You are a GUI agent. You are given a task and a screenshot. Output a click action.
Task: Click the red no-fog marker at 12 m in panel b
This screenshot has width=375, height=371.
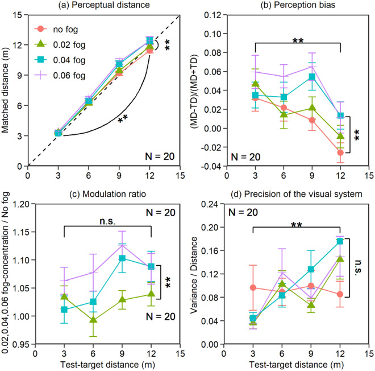tap(340, 152)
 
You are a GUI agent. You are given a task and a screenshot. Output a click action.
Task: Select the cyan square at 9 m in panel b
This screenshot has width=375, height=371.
tap(311, 77)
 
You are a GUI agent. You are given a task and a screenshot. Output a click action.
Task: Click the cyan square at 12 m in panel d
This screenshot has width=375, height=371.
tap(340, 241)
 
